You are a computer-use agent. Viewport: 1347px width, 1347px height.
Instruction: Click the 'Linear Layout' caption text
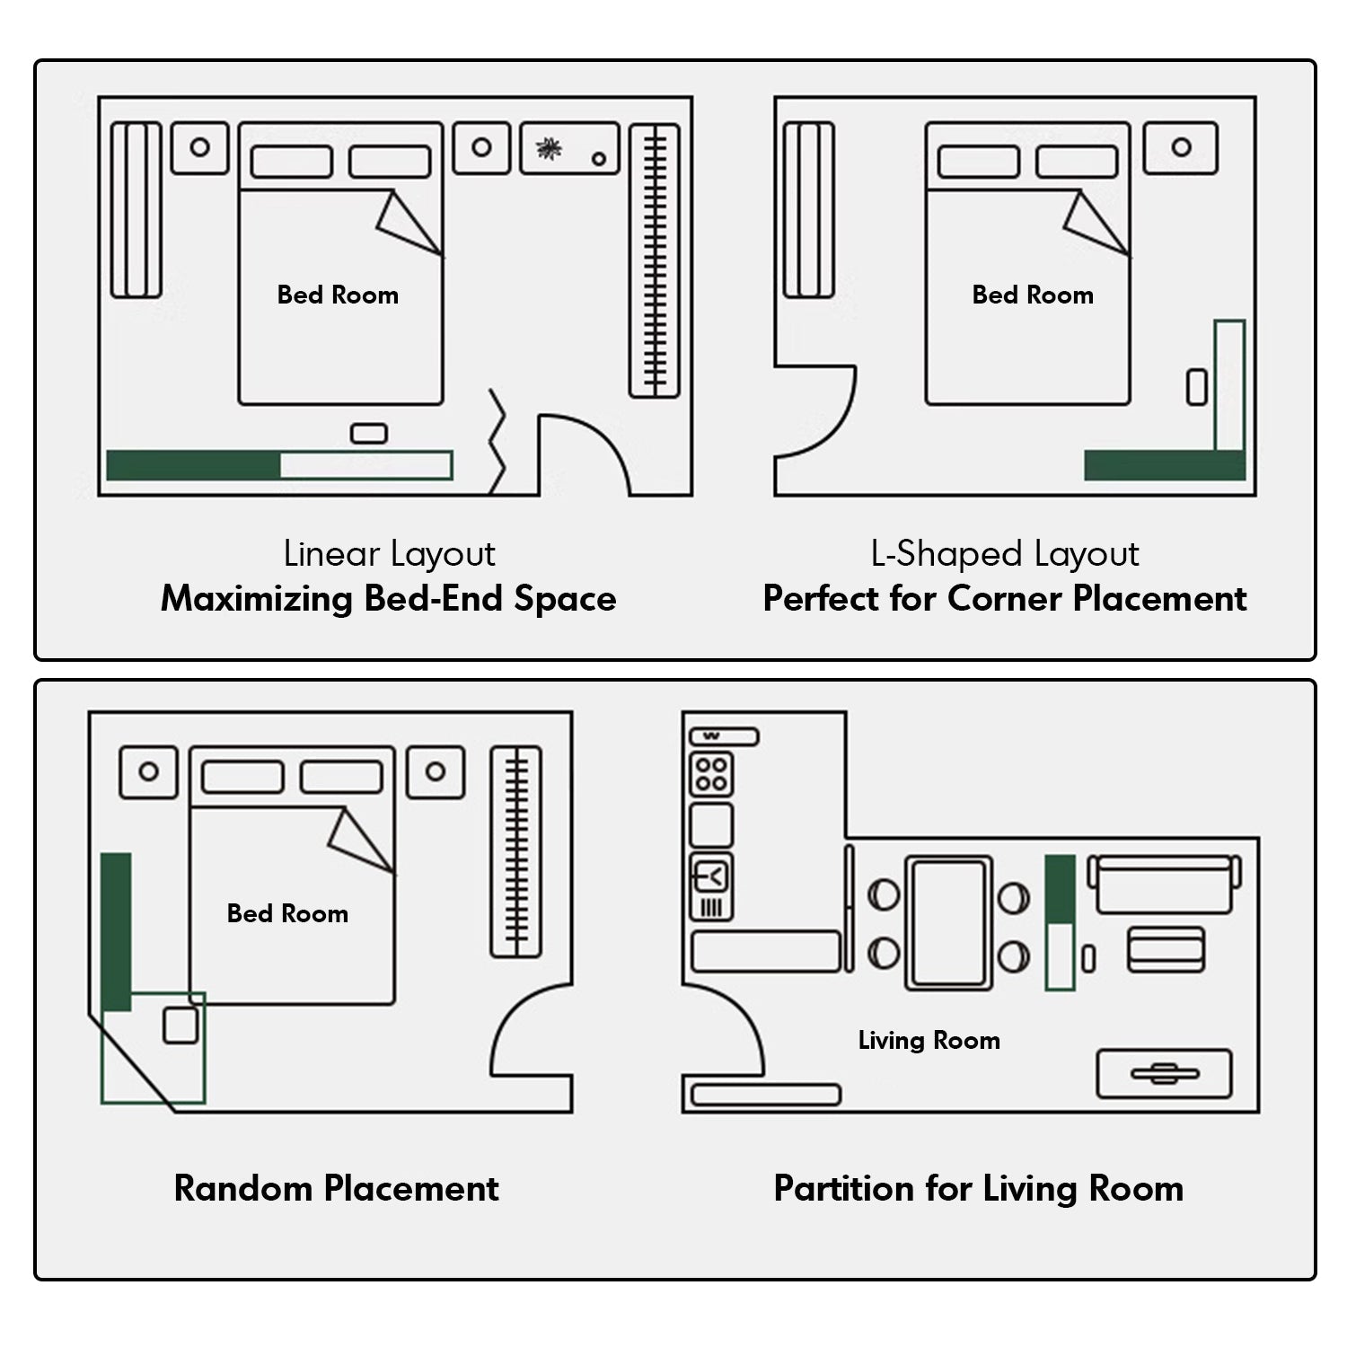pos(389,554)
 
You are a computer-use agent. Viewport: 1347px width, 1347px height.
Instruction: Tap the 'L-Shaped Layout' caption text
pos(1004,554)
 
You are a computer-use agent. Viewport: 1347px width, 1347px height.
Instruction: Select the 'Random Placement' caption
pos(336,1188)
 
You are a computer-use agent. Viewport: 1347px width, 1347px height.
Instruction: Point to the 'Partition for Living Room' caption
pos(978,1188)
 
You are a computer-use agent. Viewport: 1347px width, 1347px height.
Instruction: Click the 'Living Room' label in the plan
pos(929,1040)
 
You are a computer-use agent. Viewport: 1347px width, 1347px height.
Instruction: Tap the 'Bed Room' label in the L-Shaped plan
pos(1033,295)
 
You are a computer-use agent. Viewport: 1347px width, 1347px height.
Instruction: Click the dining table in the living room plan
pos(948,922)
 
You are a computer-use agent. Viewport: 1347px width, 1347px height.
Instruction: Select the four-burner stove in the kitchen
pos(711,774)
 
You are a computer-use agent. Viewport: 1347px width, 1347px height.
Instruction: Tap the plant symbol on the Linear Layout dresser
pos(548,149)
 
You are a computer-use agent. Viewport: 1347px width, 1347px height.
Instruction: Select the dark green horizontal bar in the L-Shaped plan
pos(1164,465)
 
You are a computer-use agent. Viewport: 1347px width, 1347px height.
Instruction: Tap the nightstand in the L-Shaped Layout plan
pos(1180,148)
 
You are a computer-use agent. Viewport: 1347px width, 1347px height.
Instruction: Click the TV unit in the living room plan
pos(1164,1074)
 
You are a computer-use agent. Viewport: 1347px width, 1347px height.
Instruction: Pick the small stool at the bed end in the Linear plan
pos(368,435)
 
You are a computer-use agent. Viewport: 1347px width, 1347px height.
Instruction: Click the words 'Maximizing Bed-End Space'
pos(389,599)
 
